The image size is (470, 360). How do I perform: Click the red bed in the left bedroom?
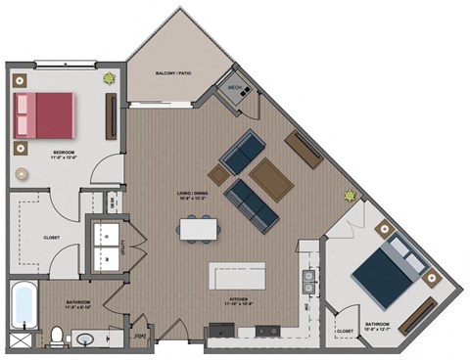coord(44,113)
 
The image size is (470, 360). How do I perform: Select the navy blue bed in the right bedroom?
coord(383,273)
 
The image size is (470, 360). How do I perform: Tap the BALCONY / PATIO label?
coord(172,73)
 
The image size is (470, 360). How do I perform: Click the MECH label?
coord(235,88)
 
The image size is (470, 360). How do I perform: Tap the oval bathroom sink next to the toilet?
coord(85,339)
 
